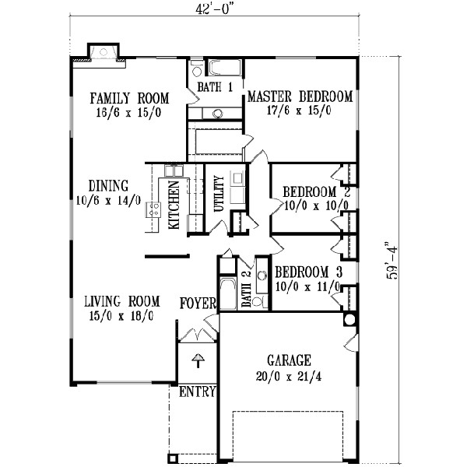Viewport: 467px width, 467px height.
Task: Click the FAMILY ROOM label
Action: click(128, 98)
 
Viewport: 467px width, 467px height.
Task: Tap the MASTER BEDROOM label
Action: click(300, 97)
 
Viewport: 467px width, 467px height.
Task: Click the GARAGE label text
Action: click(290, 360)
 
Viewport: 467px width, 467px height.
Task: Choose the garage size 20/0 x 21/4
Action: click(290, 374)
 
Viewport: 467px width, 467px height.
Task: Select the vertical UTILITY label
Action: click(219, 195)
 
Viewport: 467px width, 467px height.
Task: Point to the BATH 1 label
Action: click(215, 87)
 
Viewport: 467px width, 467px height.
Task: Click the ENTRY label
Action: click(197, 392)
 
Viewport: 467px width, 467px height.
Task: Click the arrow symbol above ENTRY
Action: click(198, 360)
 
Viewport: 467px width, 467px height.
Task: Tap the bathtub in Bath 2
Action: click(229, 295)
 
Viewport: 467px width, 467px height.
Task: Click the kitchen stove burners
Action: click(154, 209)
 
